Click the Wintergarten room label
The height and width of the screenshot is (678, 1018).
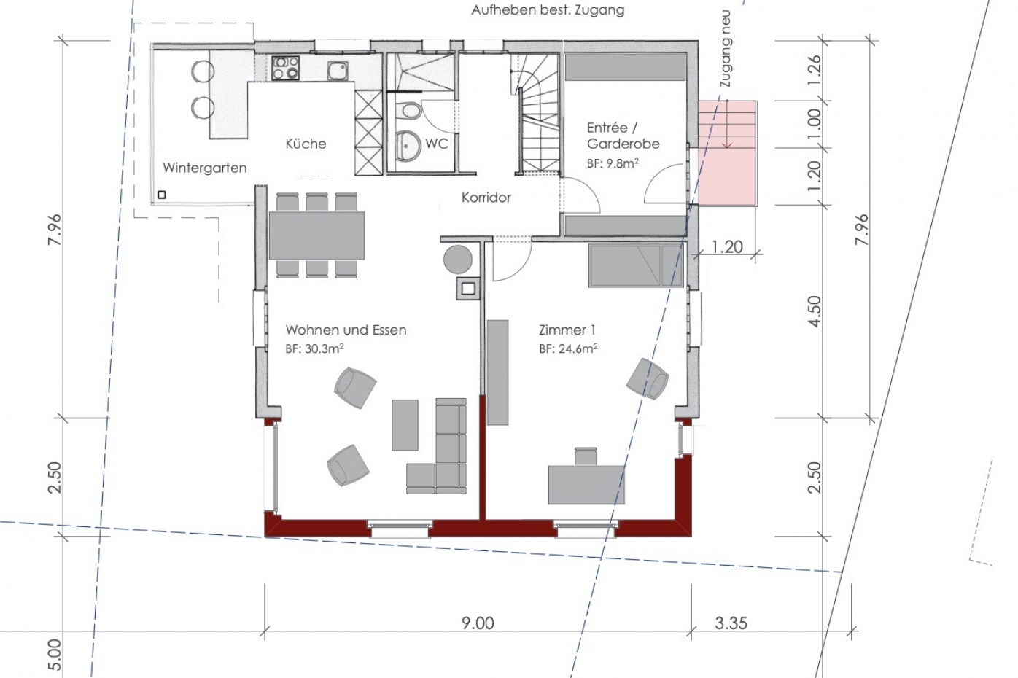tap(204, 168)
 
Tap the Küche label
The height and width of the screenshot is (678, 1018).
tap(306, 144)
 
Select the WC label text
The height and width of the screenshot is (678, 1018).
tap(437, 144)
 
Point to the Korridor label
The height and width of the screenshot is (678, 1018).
tap(486, 198)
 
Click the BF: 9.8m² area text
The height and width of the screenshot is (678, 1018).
tap(613, 163)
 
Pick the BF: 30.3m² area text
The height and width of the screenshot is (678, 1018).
tap(314, 348)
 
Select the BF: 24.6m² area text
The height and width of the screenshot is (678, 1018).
tap(568, 348)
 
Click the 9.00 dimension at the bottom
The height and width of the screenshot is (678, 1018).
tap(478, 623)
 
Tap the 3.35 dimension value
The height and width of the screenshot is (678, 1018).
tap(731, 623)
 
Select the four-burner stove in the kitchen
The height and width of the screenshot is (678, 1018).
tap(286, 68)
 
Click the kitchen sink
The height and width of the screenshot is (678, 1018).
tap(337, 71)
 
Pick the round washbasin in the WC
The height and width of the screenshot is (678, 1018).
tap(408, 146)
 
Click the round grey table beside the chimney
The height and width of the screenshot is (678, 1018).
tap(458, 259)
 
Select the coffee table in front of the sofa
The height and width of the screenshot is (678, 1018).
tap(405, 425)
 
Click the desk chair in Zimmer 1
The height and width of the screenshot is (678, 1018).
tap(586, 456)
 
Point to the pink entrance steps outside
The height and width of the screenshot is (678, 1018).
tap(727, 152)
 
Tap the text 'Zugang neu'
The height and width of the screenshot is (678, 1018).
tap(726, 48)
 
